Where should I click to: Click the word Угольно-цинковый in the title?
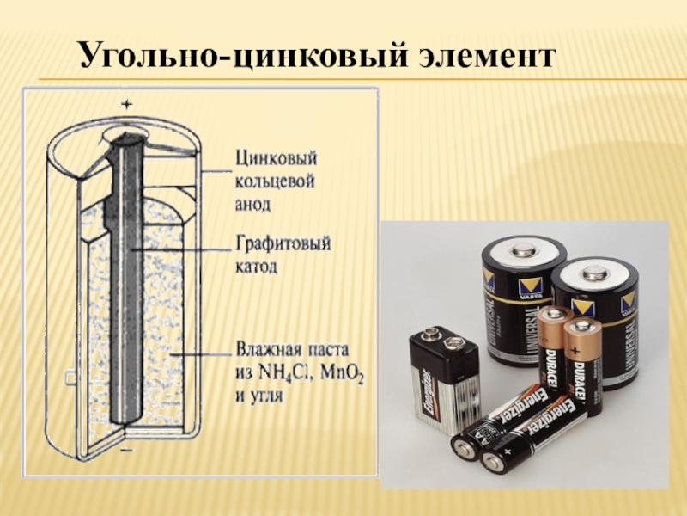[243, 54]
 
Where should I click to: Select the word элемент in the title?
[487, 56]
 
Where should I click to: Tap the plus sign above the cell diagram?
[126, 104]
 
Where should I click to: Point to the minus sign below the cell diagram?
[126, 450]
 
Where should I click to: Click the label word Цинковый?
[276, 158]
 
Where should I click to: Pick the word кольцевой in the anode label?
[275, 181]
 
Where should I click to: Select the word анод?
[252, 205]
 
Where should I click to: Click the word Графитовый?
[283, 243]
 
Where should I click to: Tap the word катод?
[256, 267]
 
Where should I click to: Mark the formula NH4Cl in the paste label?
[285, 373]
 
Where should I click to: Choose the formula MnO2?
[342, 374]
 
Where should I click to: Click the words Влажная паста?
[293, 350]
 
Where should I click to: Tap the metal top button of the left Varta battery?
[523, 251]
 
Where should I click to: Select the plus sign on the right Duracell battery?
[575, 351]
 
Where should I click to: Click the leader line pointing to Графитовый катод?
[180, 250]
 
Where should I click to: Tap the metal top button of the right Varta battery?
[594, 273]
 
